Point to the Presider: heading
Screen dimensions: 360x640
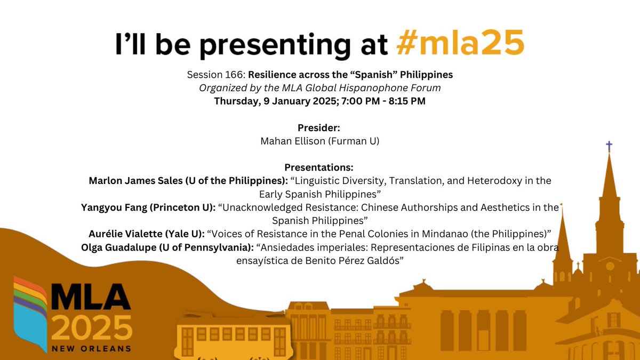pos(320,128)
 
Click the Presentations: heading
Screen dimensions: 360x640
pos(320,167)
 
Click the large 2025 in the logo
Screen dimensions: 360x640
pos(93,327)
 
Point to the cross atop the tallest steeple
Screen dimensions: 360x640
pos(609,146)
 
